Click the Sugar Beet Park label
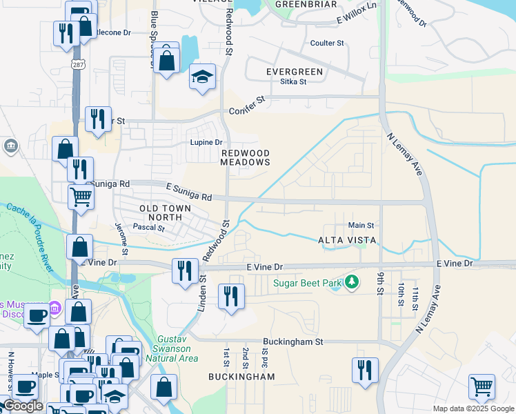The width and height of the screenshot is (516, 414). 308,283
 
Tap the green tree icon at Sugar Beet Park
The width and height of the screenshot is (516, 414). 352,282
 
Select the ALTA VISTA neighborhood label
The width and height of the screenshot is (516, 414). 346,240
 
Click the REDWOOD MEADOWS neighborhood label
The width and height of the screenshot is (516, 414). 244,157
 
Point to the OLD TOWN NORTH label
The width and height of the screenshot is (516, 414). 161,213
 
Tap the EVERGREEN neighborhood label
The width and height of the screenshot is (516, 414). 295,72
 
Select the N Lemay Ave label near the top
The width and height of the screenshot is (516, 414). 404,153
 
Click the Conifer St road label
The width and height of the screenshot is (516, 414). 247,104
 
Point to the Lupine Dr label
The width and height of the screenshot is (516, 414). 206,143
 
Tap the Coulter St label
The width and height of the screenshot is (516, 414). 327,43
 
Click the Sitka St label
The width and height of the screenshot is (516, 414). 293,81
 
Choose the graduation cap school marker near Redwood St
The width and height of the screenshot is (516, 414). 202,77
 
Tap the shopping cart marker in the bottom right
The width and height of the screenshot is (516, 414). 482,386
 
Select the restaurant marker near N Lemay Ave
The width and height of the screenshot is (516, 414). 365,369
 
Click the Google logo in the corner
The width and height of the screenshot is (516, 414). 23,406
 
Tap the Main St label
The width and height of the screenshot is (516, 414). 361,225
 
